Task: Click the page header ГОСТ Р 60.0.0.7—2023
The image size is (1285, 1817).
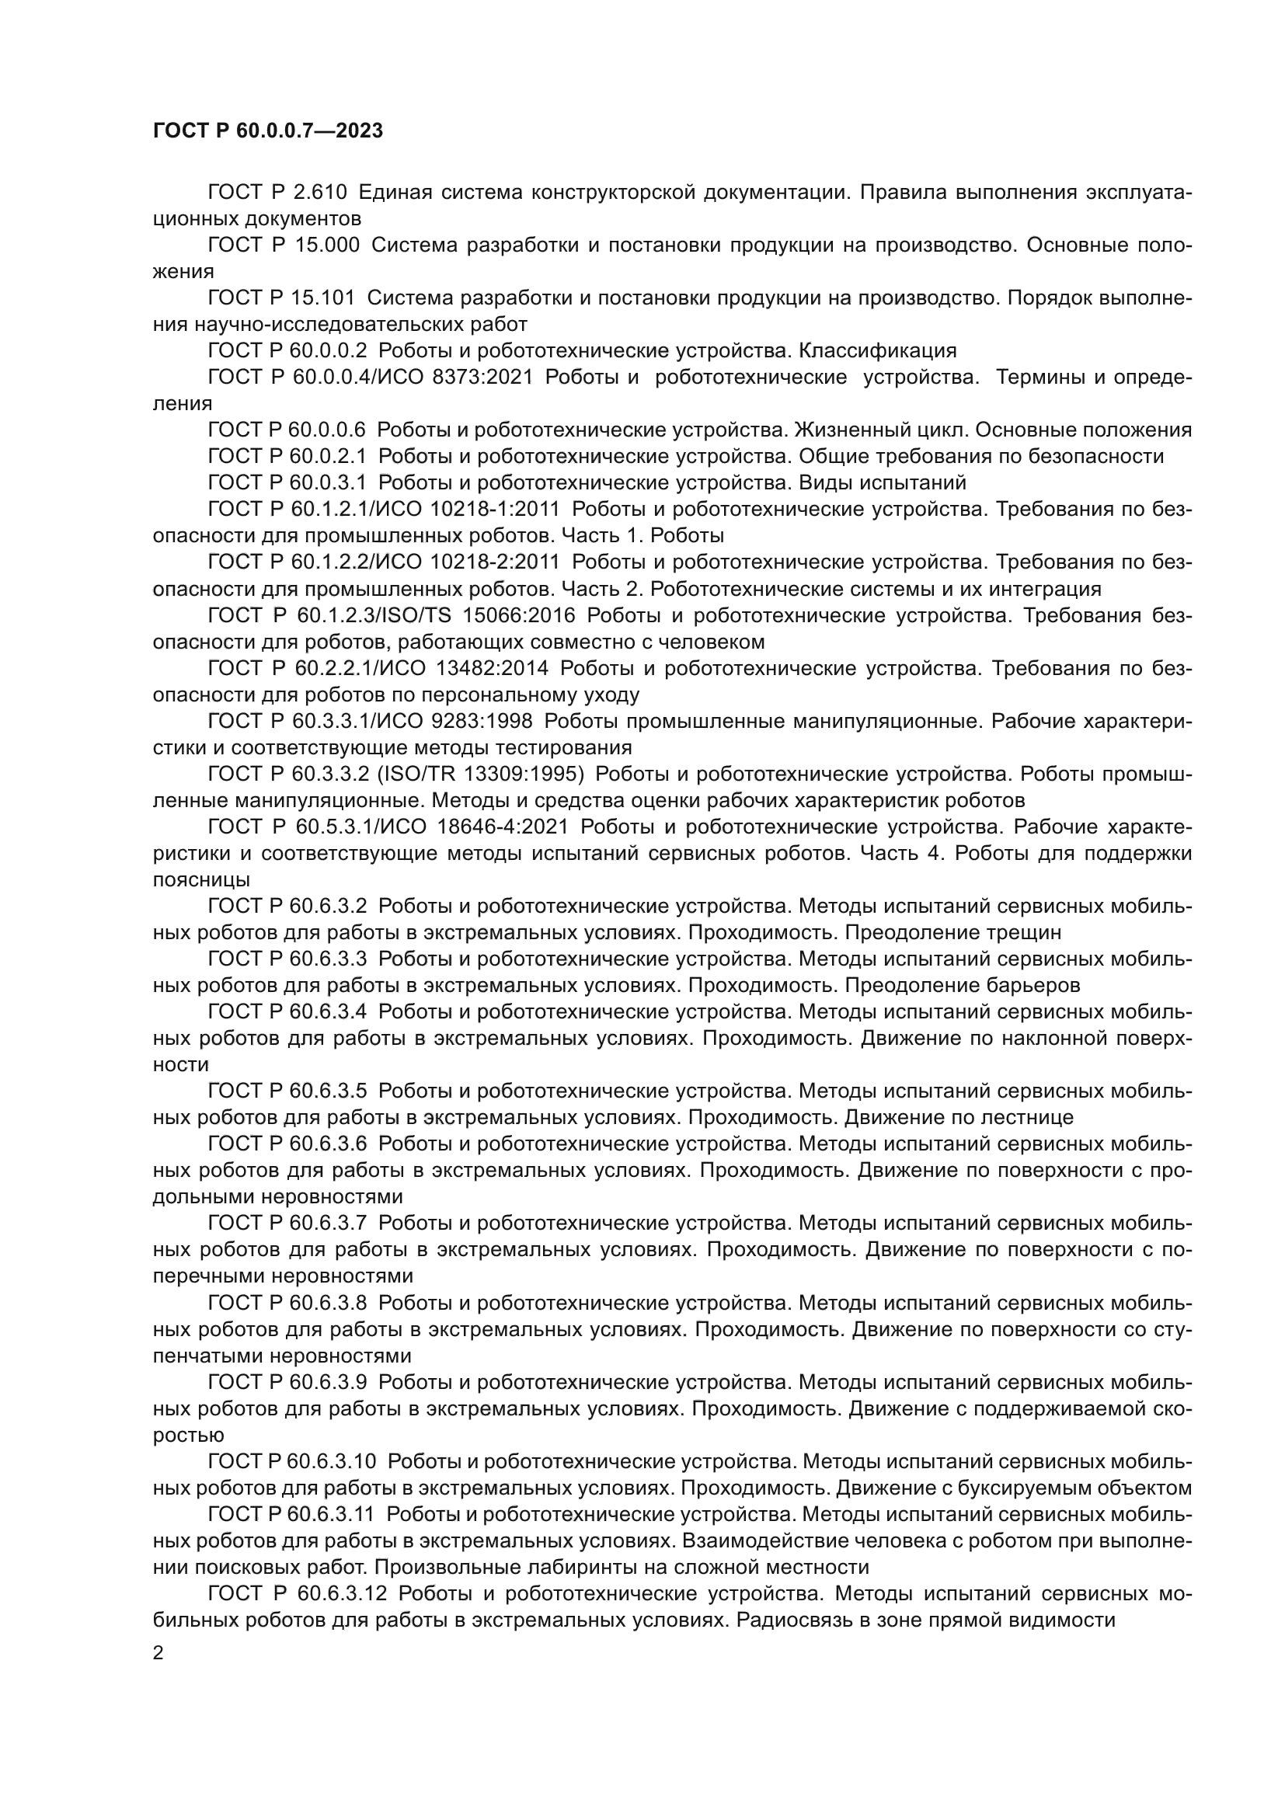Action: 267,131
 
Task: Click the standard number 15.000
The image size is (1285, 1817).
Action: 327,245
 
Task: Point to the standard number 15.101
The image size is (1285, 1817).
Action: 326,298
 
